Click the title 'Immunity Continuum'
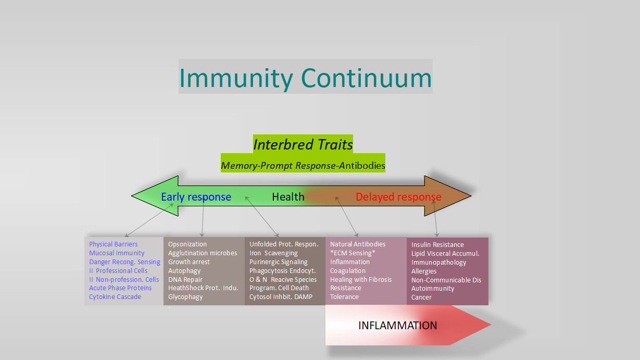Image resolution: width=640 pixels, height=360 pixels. coord(305,78)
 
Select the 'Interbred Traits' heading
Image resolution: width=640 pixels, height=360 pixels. coord(303,144)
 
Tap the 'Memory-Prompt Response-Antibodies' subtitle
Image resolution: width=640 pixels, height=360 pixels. coord(303,166)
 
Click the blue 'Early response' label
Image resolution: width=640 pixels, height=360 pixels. coord(196,197)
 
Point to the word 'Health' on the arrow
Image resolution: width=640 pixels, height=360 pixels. coord(288,197)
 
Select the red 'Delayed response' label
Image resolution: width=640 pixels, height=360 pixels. coord(398,197)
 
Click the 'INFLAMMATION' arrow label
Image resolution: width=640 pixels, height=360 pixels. coord(397,326)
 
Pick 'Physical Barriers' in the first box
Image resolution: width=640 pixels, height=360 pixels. coord(114,244)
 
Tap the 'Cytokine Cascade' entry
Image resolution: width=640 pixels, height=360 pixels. coord(115,297)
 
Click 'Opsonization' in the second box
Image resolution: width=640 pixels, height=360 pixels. coord(187,244)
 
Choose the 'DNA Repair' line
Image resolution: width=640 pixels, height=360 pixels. coord(185,280)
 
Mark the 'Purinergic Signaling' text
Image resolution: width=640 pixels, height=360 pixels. coord(279,262)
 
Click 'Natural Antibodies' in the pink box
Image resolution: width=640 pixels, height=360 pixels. coord(358,244)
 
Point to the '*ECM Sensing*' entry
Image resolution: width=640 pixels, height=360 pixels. coord(353,253)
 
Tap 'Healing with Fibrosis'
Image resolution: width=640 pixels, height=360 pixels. coord(361,280)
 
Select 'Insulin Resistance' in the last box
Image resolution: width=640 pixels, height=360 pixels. coord(437,245)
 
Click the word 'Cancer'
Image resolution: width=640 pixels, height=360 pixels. coord(421,297)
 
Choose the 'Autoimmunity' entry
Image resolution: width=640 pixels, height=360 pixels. coord(433,289)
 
